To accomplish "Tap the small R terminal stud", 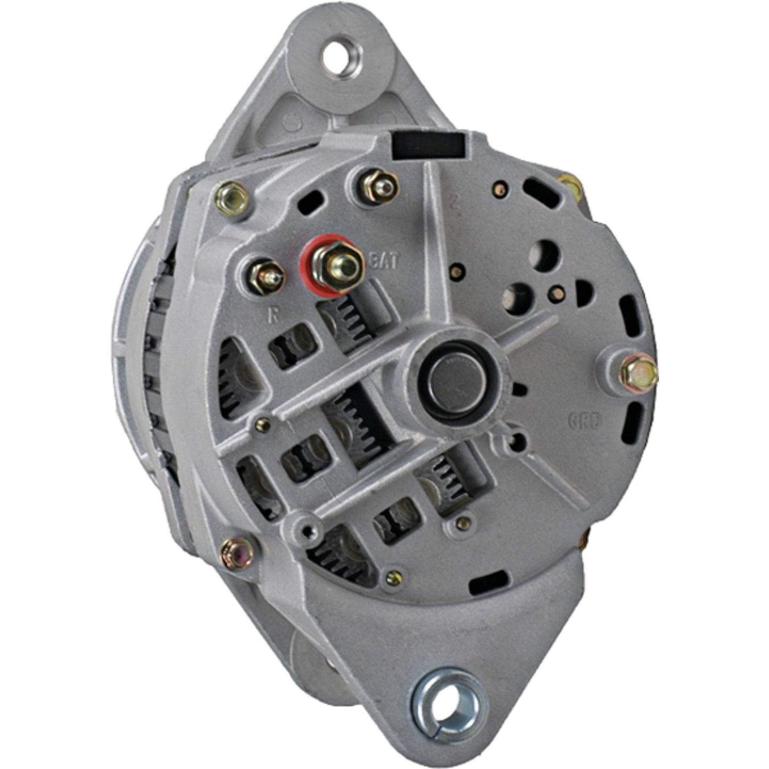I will tap(266, 275).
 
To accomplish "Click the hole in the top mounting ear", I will tap(342, 54).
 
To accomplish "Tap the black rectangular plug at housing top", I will tap(427, 145).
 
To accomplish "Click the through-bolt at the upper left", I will tap(232, 197).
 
